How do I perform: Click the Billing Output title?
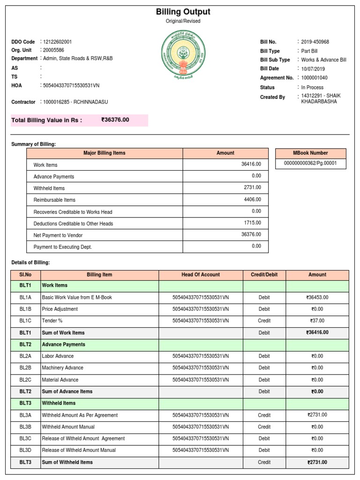183,12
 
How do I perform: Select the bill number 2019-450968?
315,42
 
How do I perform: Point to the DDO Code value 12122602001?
57,42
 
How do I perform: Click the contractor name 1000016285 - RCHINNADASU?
75,102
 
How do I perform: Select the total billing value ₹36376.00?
115,120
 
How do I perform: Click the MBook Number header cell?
310,153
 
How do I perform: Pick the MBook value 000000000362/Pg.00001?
310,163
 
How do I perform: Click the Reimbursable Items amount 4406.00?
252,199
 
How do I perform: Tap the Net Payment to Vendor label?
58,235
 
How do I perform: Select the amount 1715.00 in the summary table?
252,223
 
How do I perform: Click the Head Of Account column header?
201,275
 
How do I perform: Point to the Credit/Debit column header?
264,275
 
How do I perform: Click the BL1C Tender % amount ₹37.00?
317,321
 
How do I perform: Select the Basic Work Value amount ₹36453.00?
317,297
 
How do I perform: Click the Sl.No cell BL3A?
25,415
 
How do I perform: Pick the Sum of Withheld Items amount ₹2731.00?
317,462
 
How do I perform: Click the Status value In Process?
312,87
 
